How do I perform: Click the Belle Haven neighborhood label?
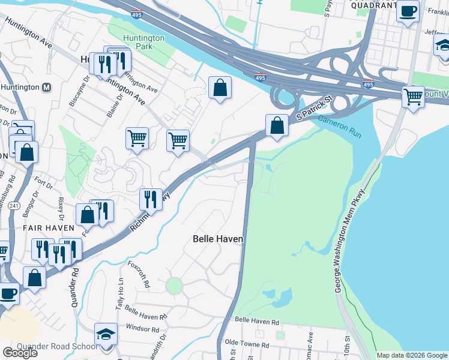click(x=218, y=239)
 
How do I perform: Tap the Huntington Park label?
click(x=143, y=43)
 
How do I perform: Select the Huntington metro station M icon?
click(x=46, y=87)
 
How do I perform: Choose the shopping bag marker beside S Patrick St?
click(x=277, y=126)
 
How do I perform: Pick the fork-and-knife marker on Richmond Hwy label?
click(x=150, y=199)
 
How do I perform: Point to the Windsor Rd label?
click(x=142, y=329)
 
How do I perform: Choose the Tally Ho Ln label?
click(x=120, y=293)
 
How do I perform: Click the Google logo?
click(x=20, y=353)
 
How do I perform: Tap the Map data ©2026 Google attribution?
click(x=412, y=355)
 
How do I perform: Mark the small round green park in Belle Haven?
click(x=174, y=286)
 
